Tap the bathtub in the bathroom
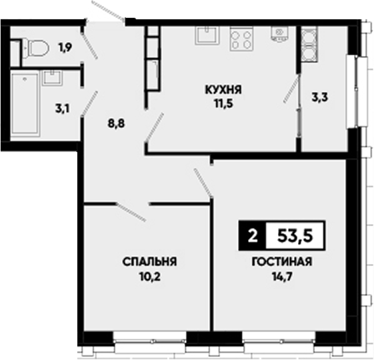[x=25, y=104]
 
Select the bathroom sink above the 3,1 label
[x=52, y=78]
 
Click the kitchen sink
[x=207, y=35]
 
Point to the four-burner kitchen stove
[x=241, y=39]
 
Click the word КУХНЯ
[x=223, y=90]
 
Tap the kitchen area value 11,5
[x=223, y=103]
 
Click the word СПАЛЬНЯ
[x=149, y=262]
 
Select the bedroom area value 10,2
[x=150, y=277]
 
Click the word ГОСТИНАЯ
[x=282, y=262]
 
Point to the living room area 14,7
[x=282, y=277]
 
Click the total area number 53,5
[x=295, y=236]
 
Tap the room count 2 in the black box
[x=253, y=236]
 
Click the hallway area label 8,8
[x=117, y=124]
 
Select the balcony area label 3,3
[x=320, y=97]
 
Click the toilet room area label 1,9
[x=65, y=47]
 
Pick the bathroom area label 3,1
[x=62, y=109]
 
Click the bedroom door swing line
[x=131, y=212]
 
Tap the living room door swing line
[x=203, y=183]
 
